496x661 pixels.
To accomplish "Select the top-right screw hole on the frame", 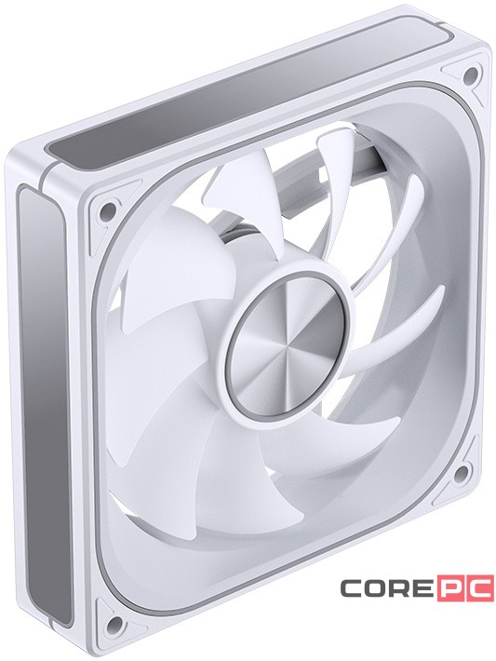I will point(471,74).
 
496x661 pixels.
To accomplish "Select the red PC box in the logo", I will point(463,588).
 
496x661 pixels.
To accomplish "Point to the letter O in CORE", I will point(373,588).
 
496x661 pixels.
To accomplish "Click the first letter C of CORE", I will point(350,588).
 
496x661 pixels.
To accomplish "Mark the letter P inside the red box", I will point(452,588).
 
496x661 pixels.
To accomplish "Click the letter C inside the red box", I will point(476,588).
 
